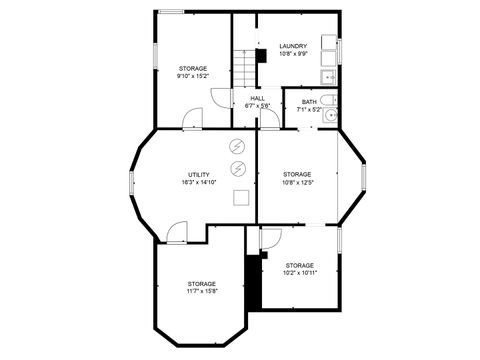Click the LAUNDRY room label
pyautogui.click(x=293, y=46)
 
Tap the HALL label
pyautogui.click(x=258, y=98)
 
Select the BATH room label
pyautogui.click(x=309, y=101)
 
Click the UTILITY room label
pyautogui.click(x=198, y=175)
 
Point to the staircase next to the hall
pyautogui.click(x=245, y=68)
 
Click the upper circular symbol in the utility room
pyautogui.click(x=238, y=146)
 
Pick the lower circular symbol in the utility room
pyautogui.click(x=238, y=168)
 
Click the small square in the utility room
pyautogui.click(x=241, y=198)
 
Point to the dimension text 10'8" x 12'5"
pyautogui.click(x=297, y=182)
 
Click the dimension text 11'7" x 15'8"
pyautogui.click(x=201, y=291)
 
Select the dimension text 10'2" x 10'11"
pyautogui.click(x=299, y=272)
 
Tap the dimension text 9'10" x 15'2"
pyautogui.click(x=193, y=76)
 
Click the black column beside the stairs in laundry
pyautogui.click(x=261, y=56)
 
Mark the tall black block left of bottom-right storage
pyautogui.click(x=253, y=282)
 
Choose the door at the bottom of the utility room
pyautogui.click(x=176, y=233)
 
